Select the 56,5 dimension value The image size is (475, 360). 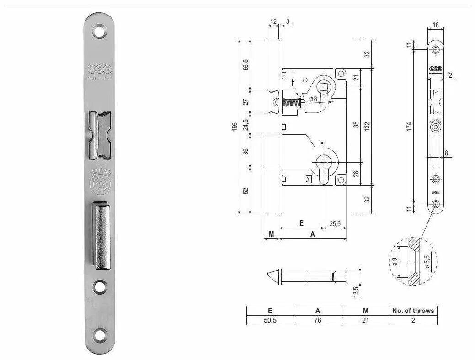click(x=246, y=64)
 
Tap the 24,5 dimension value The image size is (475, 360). click(x=246, y=124)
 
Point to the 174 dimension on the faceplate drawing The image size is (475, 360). click(x=409, y=127)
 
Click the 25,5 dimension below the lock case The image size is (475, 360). click(x=335, y=223)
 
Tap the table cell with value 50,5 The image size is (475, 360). click(x=270, y=320)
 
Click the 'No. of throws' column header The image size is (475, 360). click(x=413, y=311)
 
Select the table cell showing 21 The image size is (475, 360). click(x=365, y=320)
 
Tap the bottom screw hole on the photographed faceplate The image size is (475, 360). click(x=99, y=336)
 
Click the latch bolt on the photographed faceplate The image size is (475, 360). click(x=100, y=136)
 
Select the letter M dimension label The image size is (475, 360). click(x=271, y=234)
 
